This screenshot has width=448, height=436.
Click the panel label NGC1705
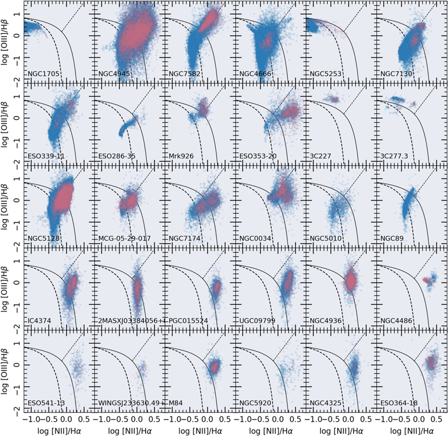pos(42,74)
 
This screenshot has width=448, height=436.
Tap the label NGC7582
pos(183,74)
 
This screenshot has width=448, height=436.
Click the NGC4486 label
pos(397,321)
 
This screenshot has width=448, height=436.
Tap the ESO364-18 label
pos(399,404)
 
